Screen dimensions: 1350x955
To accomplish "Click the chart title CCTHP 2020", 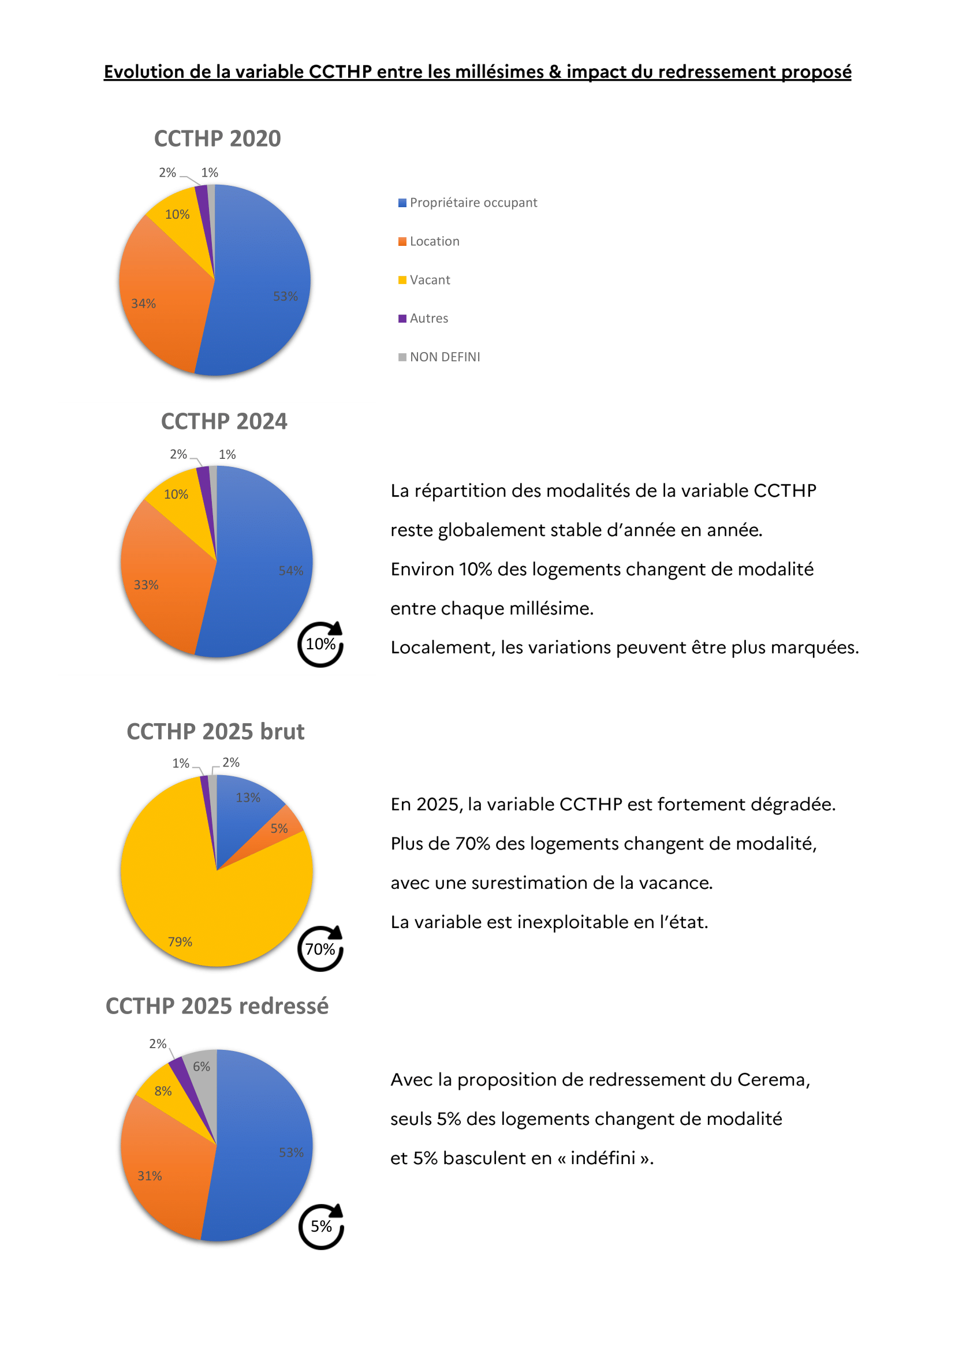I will (x=217, y=139).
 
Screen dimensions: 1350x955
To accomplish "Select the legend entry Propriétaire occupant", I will (x=473, y=203).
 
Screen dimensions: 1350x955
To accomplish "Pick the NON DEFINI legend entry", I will (x=445, y=357).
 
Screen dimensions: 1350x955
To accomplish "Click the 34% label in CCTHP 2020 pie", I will (x=144, y=304).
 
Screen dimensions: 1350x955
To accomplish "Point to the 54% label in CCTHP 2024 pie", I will (x=290, y=570).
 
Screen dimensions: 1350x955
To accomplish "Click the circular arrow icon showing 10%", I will (x=320, y=645).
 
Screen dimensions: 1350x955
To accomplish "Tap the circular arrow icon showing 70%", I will (x=320, y=949).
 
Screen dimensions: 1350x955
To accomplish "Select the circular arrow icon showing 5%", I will (x=321, y=1226).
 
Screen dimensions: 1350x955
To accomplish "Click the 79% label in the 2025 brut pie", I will (x=180, y=942).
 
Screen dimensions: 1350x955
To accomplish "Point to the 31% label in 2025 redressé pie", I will (x=150, y=1176).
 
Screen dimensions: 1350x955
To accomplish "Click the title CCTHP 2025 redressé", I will (x=217, y=1006).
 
